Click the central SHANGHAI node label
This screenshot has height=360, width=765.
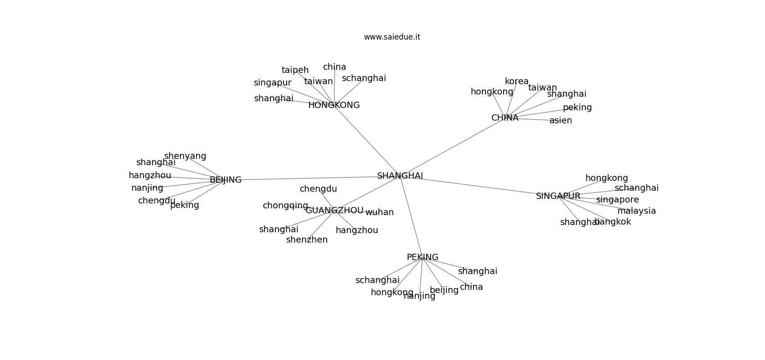[x=400, y=176]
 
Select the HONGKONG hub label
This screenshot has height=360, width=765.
[x=334, y=105]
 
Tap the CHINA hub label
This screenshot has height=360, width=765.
[x=504, y=118]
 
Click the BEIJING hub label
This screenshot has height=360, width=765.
[x=225, y=180]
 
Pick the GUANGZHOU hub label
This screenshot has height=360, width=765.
[x=334, y=211]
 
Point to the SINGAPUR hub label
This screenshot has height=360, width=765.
[x=558, y=196]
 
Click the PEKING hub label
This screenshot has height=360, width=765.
[x=422, y=257]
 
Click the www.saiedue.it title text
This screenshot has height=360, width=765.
[x=392, y=37]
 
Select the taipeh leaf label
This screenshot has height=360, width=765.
[x=295, y=70]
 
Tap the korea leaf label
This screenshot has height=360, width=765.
[x=517, y=81]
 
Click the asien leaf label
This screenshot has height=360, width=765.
[x=561, y=121]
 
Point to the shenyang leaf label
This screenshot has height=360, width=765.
[x=185, y=156]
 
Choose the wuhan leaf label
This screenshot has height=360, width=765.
[x=379, y=212]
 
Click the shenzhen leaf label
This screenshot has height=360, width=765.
[x=307, y=240]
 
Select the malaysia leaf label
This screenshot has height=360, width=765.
[x=636, y=211]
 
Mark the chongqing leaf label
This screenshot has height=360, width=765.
[x=285, y=206]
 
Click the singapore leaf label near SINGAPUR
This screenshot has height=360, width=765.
[x=617, y=200]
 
